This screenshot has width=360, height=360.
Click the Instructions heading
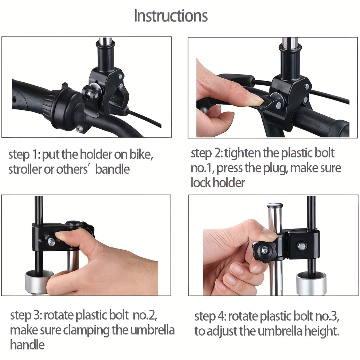(x=171, y=16)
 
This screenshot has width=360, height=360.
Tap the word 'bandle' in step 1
(x=113, y=169)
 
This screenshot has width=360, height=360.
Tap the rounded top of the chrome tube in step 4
(x=275, y=205)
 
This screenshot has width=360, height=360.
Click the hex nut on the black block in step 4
(x=302, y=246)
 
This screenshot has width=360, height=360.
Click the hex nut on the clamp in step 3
(x=51, y=242)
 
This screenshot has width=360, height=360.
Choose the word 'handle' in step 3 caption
(x=27, y=345)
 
